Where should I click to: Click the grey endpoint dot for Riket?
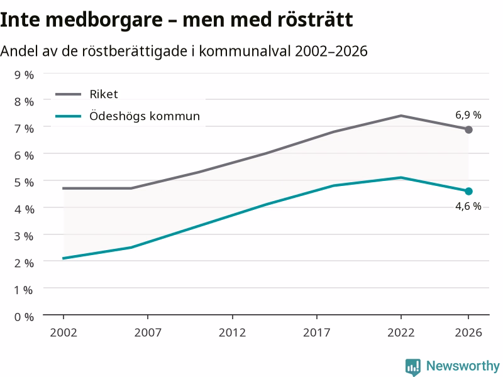click(x=468, y=129)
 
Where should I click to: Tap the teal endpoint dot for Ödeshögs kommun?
click(x=468, y=192)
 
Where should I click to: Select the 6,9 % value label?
click(x=468, y=115)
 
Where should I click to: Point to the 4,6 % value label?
click(x=468, y=206)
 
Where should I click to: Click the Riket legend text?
click(x=104, y=94)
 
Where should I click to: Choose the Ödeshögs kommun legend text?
click(x=145, y=116)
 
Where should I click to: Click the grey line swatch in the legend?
click(x=68, y=94)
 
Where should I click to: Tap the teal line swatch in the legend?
click(x=68, y=116)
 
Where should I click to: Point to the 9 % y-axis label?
click(x=24, y=75)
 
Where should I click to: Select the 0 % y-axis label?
click(x=24, y=317)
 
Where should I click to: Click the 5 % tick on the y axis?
click(x=24, y=182)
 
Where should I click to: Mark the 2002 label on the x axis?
click(x=64, y=333)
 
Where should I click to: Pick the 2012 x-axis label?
click(x=232, y=333)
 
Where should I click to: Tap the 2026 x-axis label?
click(x=468, y=333)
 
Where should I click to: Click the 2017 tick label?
click(x=317, y=333)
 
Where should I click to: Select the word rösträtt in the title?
click(x=315, y=19)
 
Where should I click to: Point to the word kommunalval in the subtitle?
click(x=245, y=51)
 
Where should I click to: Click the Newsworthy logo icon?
click(x=413, y=367)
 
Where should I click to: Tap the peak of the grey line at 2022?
click(x=401, y=116)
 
